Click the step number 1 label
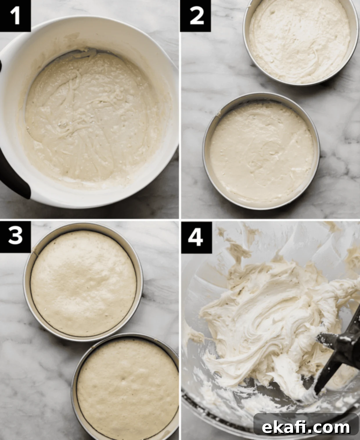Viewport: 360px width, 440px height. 15,16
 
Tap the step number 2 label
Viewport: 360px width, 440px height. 196,16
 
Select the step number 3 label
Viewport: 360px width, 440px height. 15,237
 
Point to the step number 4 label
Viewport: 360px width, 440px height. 196,237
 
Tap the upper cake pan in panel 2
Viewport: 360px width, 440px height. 300,42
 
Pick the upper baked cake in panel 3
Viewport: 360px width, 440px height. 83,284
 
